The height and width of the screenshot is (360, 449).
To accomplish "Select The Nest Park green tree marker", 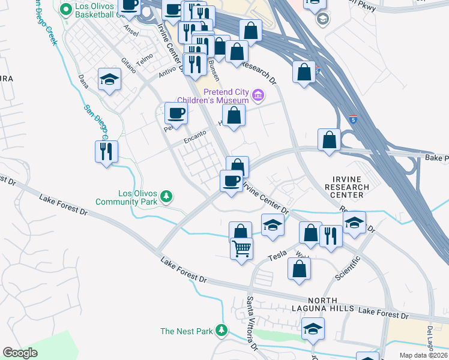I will (222, 331).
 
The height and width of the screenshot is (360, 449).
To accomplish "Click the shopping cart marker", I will (241, 248).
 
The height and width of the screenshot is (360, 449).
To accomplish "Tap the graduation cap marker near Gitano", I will (110, 79).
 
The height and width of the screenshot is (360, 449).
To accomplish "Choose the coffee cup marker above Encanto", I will (176, 112).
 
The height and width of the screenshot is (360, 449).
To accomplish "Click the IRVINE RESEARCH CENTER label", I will (347, 187).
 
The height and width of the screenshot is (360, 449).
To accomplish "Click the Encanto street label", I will (196, 136).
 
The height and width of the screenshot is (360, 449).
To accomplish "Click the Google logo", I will (20, 353).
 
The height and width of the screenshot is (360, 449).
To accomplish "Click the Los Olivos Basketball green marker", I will (65, 9).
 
